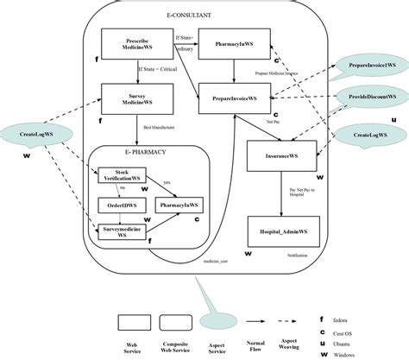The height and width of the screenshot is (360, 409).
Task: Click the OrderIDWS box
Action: pos(120,206)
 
